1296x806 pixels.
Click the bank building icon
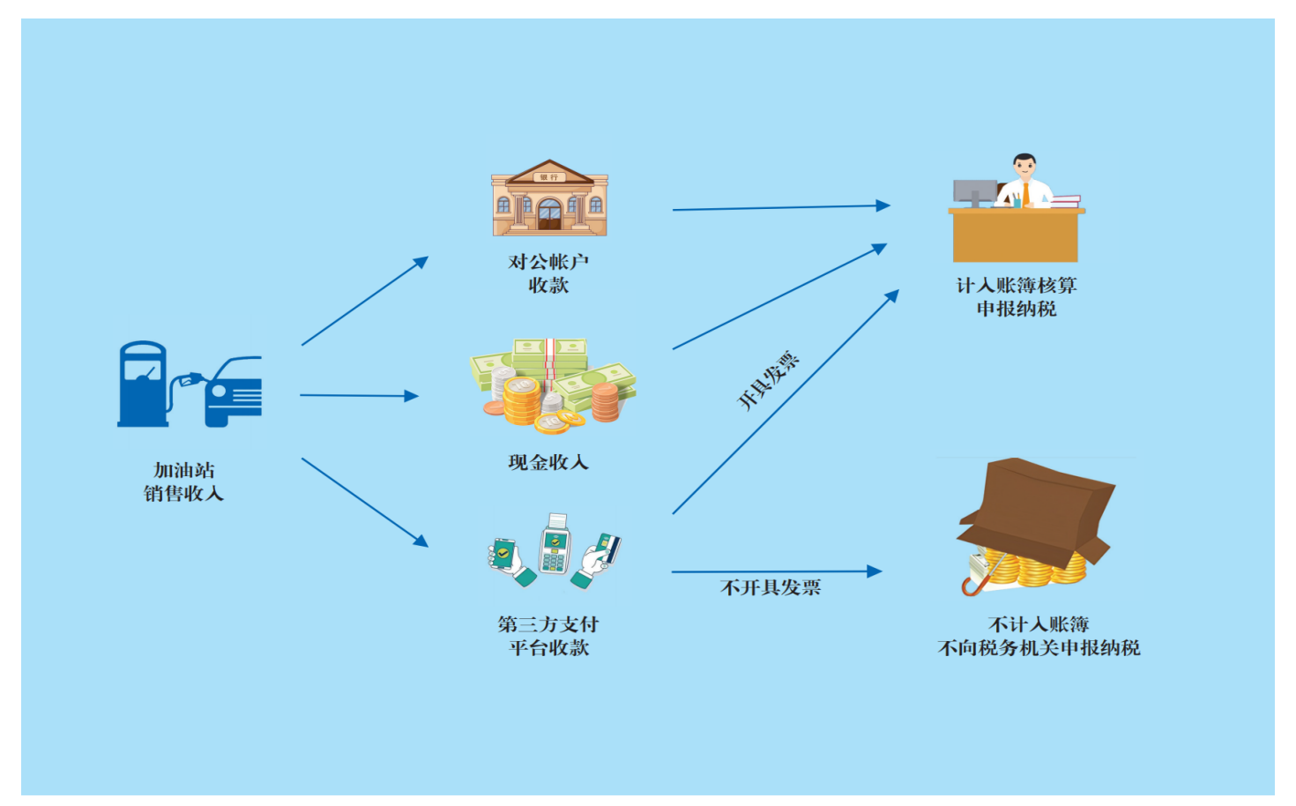(549, 198)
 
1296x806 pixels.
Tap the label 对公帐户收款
(548, 273)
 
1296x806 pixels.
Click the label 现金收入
(548, 462)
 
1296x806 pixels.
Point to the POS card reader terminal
(555, 544)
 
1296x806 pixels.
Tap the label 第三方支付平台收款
(548, 636)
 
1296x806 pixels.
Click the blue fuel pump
(144, 384)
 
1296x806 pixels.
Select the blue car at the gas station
(235, 392)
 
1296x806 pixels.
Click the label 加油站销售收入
(184, 481)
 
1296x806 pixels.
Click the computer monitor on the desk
(974, 191)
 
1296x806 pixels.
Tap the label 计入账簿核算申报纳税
(1017, 297)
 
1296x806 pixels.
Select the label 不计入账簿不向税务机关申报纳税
(1039, 636)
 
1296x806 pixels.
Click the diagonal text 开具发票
(768, 380)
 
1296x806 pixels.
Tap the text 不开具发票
(771, 587)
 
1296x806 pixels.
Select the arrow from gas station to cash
(358, 396)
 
